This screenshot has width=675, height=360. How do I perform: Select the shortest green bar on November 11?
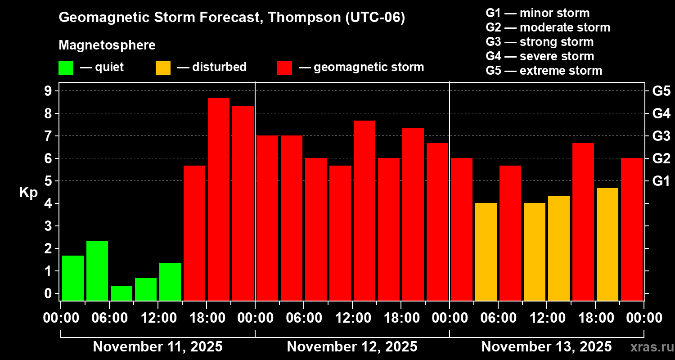(x=121, y=293)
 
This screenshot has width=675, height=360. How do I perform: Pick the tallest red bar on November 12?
(x=364, y=210)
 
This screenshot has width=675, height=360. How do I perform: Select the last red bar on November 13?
(x=632, y=229)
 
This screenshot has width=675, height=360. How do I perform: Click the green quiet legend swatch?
(x=66, y=67)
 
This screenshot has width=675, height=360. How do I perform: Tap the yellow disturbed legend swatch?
(x=163, y=67)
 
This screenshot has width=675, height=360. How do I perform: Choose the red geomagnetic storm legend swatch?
(x=285, y=67)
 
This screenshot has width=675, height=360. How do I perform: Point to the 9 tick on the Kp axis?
(x=47, y=91)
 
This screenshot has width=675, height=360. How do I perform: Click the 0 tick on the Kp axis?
(x=47, y=293)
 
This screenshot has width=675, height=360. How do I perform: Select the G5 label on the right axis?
(x=661, y=91)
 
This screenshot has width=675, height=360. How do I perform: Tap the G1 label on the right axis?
(x=661, y=181)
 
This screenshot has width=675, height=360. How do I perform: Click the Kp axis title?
(x=28, y=192)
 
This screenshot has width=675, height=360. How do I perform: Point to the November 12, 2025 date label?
(x=352, y=347)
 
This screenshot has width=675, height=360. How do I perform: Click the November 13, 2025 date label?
(x=546, y=347)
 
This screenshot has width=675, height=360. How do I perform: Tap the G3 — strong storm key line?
(x=540, y=42)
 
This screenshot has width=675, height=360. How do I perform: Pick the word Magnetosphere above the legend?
(x=107, y=45)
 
